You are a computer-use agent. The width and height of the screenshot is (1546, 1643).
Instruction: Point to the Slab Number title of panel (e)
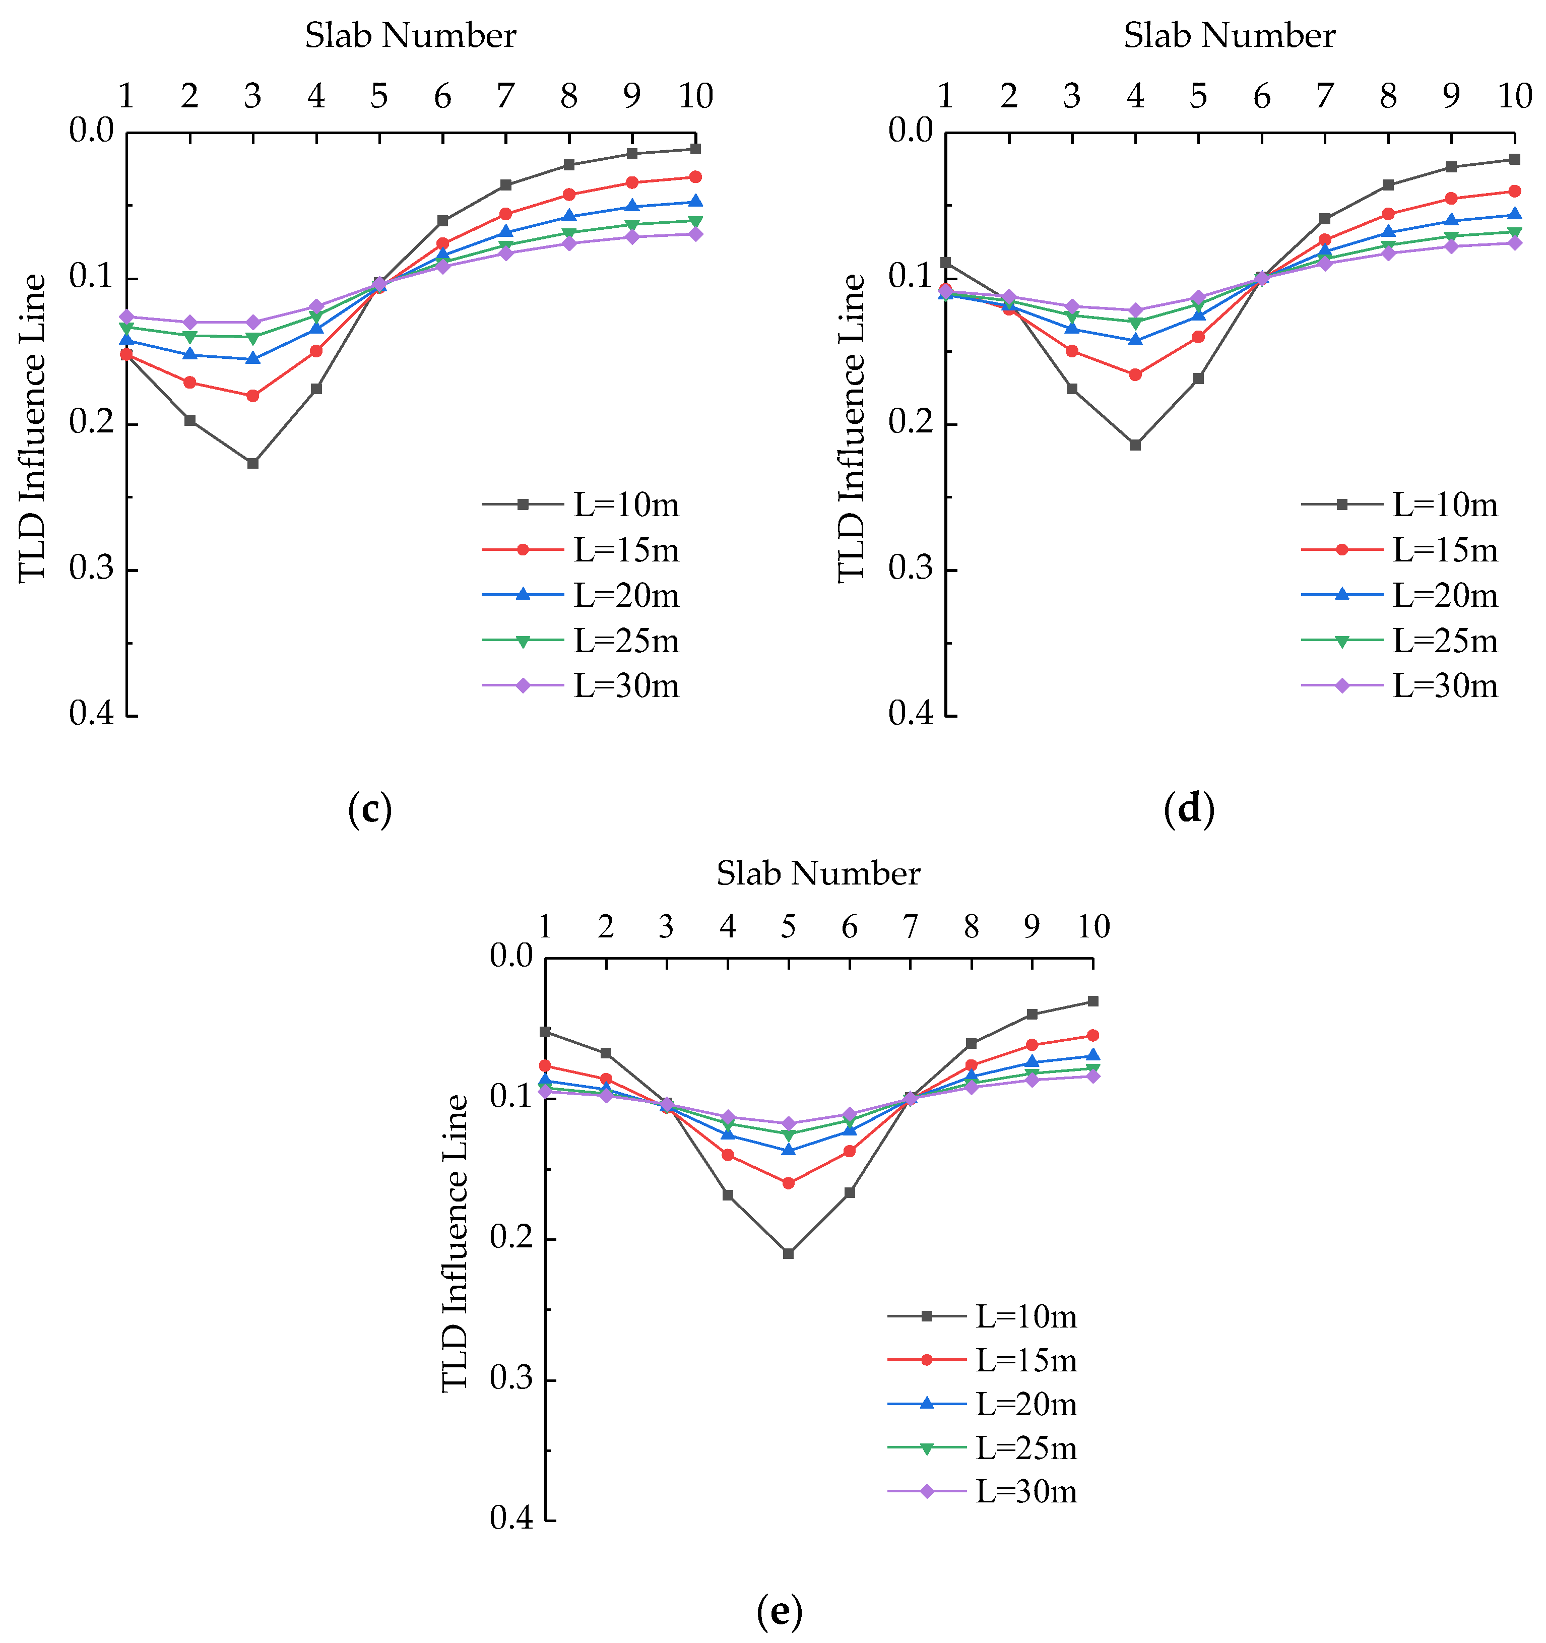[x=818, y=873]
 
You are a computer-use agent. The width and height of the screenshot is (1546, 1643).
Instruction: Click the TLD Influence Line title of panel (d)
[x=851, y=428]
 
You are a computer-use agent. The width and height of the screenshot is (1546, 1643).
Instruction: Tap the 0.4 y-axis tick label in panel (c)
[x=91, y=713]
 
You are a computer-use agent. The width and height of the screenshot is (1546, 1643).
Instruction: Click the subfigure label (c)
[x=369, y=809]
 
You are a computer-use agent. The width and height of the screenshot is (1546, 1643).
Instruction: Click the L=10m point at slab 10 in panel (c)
[x=696, y=149]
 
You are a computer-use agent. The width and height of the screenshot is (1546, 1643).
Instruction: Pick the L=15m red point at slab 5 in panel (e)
[x=788, y=1183]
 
